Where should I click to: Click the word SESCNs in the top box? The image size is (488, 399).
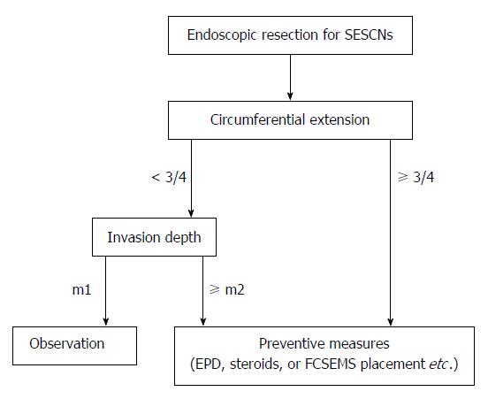pyautogui.click(x=369, y=35)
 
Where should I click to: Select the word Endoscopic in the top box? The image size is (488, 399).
pyautogui.click(x=222, y=35)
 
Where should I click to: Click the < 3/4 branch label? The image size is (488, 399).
pyautogui.click(x=169, y=177)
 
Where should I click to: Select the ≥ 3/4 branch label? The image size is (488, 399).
pyautogui.click(x=416, y=177)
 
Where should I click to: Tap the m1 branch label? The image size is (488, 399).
pyautogui.click(x=81, y=290)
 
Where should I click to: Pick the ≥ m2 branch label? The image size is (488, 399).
pyautogui.click(x=227, y=290)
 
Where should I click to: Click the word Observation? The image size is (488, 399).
pyautogui.click(x=67, y=343)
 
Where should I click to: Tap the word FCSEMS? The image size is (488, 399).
pyautogui.click(x=331, y=364)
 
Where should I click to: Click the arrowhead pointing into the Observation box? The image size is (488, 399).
pyautogui.click(x=106, y=322)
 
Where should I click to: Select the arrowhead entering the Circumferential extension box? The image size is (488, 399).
pyautogui.click(x=290, y=96)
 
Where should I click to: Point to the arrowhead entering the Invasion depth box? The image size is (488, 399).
pyautogui.click(x=191, y=213)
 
